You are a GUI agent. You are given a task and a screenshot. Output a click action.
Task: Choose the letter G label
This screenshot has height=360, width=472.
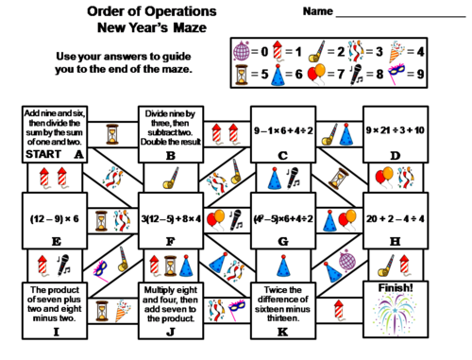tap(282, 241)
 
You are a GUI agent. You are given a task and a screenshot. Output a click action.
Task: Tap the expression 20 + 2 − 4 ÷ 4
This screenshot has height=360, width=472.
tap(396, 215)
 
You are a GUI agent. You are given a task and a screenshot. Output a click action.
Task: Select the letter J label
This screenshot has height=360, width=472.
tap(171, 331)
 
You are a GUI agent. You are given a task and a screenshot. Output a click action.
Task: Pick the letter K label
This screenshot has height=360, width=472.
tap(282, 331)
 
